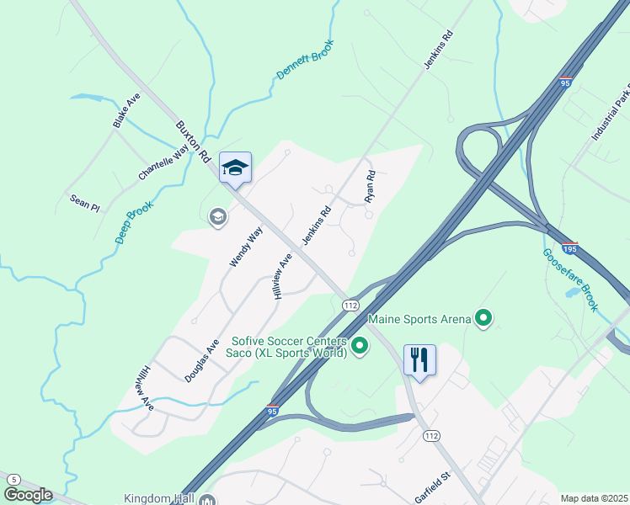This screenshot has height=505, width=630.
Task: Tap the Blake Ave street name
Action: pyautogui.click(x=126, y=111)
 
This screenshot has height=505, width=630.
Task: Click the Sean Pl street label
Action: pyautogui.click(x=84, y=202)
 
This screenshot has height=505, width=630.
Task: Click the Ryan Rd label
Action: pyautogui.click(x=369, y=187)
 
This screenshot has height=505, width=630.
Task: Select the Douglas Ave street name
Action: pyautogui.click(x=202, y=361)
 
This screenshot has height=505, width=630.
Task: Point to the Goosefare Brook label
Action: pyautogui.click(x=569, y=280)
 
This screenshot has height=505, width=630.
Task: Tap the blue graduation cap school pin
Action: pyautogui.click(x=236, y=167)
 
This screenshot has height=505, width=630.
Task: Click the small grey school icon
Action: pyautogui.click(x=217, y=217)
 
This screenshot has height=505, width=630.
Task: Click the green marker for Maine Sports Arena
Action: pyautogui.click(x=483, y=318)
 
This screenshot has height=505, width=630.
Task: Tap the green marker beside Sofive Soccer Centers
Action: pyautogui.click(x=360, y=345)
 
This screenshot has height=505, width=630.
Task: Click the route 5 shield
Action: pyautogui.click(x=13, y=480)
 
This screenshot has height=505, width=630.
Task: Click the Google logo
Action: pyautogui.click(x=27, y=495)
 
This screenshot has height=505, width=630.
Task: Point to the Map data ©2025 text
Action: pyautogui.click(x=594, y=498)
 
